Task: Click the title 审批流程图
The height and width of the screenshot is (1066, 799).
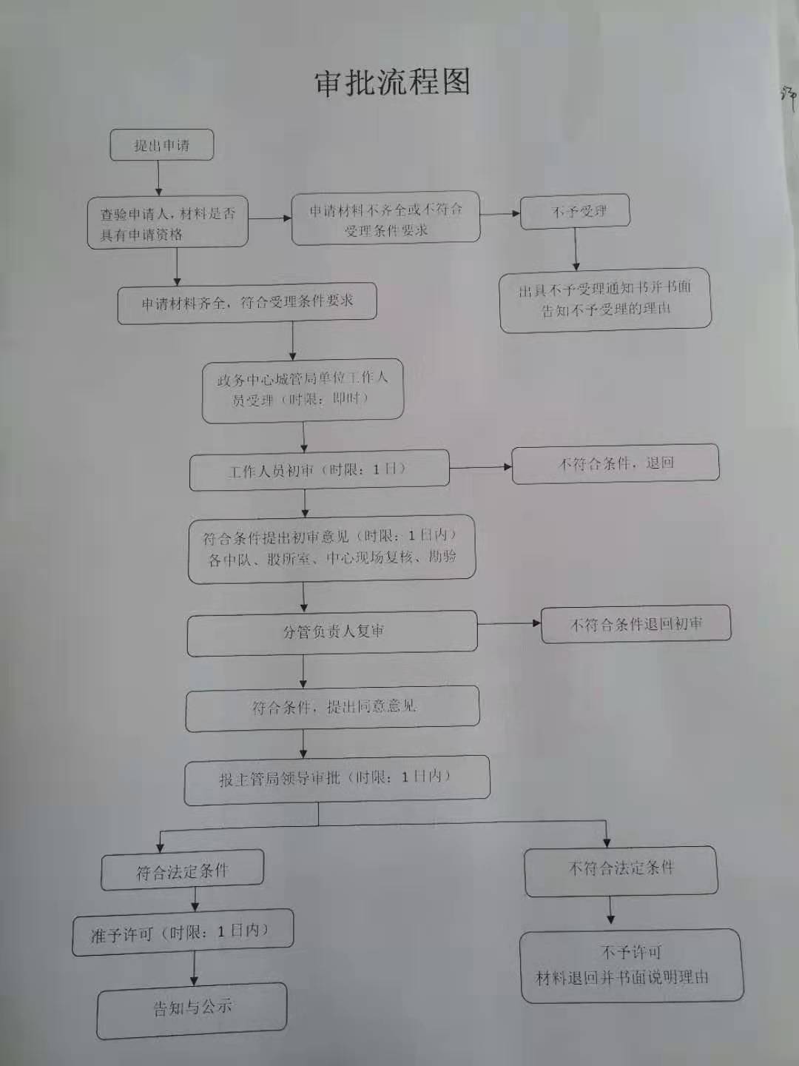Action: click(x=392, y=84)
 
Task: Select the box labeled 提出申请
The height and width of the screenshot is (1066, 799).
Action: click(x=161, y=144)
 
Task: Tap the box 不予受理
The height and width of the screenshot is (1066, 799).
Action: click(x=576, y=211)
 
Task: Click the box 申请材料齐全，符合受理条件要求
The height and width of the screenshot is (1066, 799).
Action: click(x=247, y=303)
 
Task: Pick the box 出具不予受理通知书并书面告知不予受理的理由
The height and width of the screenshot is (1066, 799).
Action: click(x=605, y=300)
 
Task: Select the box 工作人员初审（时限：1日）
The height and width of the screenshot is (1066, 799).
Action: click(x=319, y=470)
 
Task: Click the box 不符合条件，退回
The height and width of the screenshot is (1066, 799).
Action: click(x=616, y=464)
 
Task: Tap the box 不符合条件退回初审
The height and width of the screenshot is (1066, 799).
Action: click(x=636, y=624)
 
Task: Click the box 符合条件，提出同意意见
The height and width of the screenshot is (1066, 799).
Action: click(x=332, y=708)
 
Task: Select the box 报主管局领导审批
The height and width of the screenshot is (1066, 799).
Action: click(x=337, y=780)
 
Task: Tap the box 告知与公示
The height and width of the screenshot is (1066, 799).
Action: click(x=192, y=1010)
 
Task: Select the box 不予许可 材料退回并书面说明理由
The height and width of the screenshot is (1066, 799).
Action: click(x=632, y=966)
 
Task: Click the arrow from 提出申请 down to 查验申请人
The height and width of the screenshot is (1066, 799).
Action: click(x=158, y=178)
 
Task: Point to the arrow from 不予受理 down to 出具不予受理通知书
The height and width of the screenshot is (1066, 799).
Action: click(x=576, y=249)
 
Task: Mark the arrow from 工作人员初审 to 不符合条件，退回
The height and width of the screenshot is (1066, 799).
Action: click(x=481, y=468)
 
